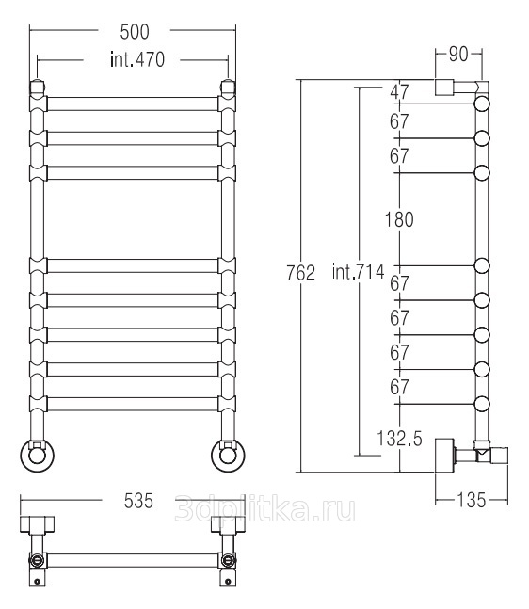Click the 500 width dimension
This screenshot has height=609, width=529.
[135, 32]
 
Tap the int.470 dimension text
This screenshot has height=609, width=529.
[137, 60]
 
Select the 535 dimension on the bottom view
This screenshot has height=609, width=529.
[138, 501]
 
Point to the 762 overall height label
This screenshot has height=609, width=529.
[300, 273]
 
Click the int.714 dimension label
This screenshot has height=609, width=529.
[358, 271]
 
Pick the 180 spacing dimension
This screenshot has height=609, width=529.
[399, 220]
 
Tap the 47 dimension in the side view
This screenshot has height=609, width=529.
[400, 92]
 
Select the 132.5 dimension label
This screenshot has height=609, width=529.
[399, 439]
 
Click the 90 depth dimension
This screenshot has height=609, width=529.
[458, 55]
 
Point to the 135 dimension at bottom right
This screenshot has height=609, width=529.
[472, 500]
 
